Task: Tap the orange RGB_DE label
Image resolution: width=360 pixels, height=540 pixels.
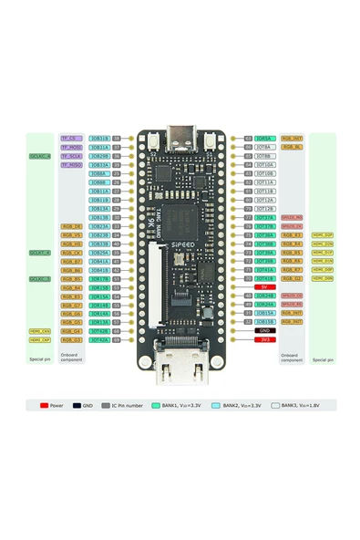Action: coord(71,226)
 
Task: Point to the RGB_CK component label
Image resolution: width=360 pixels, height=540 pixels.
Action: coord(71,253)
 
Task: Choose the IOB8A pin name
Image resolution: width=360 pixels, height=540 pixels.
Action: coord(99,173)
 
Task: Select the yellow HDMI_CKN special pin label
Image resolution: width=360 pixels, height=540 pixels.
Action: coord(39,331)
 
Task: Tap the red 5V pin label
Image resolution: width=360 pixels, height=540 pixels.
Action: coord(264,287)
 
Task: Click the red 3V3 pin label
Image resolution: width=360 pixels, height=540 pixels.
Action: coord(264,339)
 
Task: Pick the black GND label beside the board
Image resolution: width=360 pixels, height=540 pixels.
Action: coord(264,330)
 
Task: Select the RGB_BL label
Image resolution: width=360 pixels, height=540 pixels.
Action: coord(292,147)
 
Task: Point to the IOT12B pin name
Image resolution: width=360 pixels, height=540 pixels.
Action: coord(264,209)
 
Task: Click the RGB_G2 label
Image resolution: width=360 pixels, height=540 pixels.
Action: coord(292,278)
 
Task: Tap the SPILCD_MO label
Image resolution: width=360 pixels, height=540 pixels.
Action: coord(292,218)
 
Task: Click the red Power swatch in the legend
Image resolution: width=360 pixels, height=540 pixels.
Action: coord(44,404)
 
